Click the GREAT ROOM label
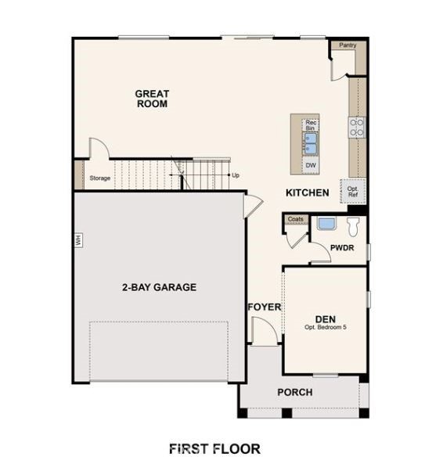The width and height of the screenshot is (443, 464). pyautogui.click(x=152, y=99)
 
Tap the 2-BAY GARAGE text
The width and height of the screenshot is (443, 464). pyautogui.click(x=159, y=287)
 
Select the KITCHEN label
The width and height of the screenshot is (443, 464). pyautogui.click(x=307, y=193)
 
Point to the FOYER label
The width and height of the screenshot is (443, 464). pyautogui.click(x=265, y=308)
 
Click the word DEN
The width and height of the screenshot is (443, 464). pyautogui.click(x=326, y=319)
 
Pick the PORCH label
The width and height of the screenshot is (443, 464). pyautogui.click(x=295, y=392)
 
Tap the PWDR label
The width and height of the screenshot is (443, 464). pyautogui.click(x=342, y=248)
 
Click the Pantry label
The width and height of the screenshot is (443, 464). pyautogui.click(x=348, y=45)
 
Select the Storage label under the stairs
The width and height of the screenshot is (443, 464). pyautogui.click(x=100, y=178)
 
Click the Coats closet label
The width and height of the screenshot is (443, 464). pyautogui.click(x=296, y=219)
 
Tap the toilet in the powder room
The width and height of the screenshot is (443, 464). pyautogui.click(x=353, y=227)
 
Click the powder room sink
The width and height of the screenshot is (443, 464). pyautogui.click(x=326, y=224)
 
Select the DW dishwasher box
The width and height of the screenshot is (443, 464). pyautogui.click(x=311, y=165)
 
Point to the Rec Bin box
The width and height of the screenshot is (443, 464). pyautogui.click(x=311, y=125)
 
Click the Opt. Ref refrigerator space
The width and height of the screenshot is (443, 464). pyautogui.click(x=353, y=191)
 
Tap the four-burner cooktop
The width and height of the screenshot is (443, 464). pyautogui.click(x=357, y=128)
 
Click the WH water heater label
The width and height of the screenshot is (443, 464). pyautogui.click(x=78, y=240)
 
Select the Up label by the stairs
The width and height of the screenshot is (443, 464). pyautogui.click(x=236, y=175)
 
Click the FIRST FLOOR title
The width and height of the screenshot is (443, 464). pyautogui.click(x=214, y=448)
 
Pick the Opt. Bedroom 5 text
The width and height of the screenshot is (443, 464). pyautogui.click(x=326, y=327)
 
